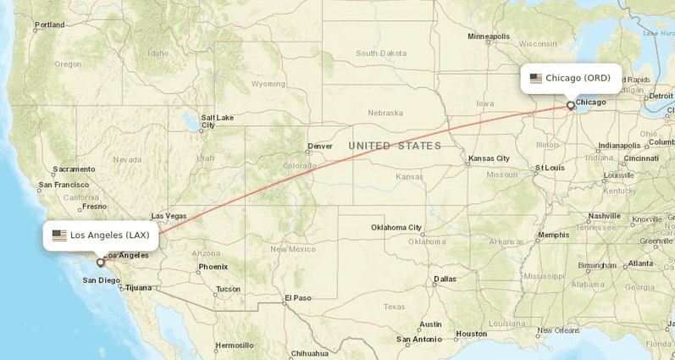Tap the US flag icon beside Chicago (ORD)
[x=536, y=78]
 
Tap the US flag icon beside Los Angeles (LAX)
[x=59, y=235]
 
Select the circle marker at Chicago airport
[x=570, y=106]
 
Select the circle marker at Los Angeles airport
[x=100, y=263]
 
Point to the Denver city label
[x=320, y=146]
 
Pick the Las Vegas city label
[x=169, y=216]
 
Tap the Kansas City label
[x=490, y=158]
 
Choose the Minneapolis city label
[x=489, y=36]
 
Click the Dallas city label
[x=445, y=279]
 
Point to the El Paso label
[x=298, y=297]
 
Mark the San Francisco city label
[x=64, y=185]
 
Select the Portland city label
[x=49, y=25]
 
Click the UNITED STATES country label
[x=395, y=146]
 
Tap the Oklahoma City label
[x=396, y=227]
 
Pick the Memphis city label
[x=554, y=235]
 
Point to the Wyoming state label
[x=268, y=84]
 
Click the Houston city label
[x=471, y=334]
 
